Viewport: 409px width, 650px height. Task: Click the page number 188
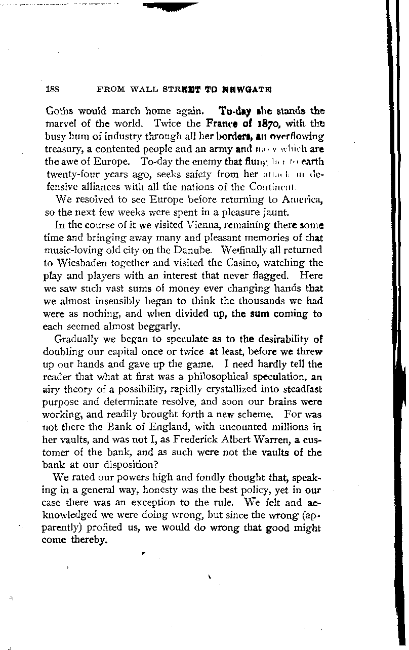point(53,89)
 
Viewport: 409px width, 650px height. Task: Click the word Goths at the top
point(59,111)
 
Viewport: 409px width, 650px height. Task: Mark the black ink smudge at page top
point(170,6)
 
